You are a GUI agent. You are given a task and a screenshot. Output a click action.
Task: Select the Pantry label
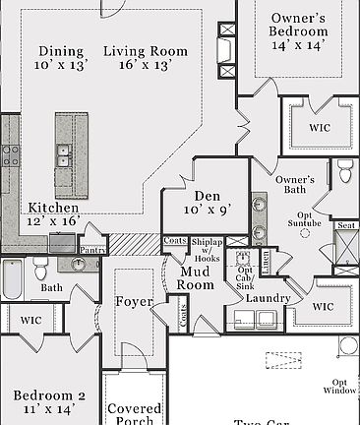92,251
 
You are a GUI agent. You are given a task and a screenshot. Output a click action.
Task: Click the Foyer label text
134,301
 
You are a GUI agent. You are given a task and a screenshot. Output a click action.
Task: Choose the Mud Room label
195,278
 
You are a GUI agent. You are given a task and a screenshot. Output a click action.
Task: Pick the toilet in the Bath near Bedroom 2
40,268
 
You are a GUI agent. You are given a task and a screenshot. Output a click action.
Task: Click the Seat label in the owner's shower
346,225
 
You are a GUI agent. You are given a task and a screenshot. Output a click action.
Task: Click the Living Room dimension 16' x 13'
145,65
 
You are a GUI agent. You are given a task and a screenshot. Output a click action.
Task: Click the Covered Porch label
134,415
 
